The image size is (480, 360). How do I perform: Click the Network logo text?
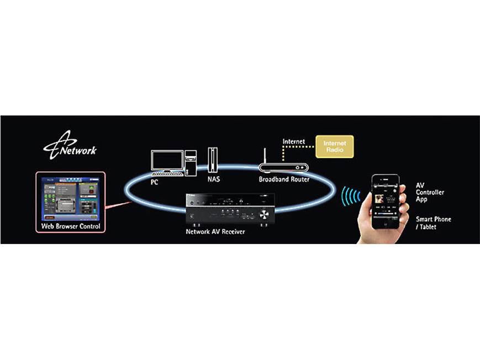click(77, 150)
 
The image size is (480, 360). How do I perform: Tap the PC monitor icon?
click(167, 160)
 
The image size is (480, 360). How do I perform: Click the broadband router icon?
click(283, 167)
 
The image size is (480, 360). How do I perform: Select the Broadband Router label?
click(284, 179)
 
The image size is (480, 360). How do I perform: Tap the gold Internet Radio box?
click(334, 146)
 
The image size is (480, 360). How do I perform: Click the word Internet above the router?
click(294, 142)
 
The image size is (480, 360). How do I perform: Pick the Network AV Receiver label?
click(215, 231)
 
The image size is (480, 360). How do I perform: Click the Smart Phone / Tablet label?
click(433, 223)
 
